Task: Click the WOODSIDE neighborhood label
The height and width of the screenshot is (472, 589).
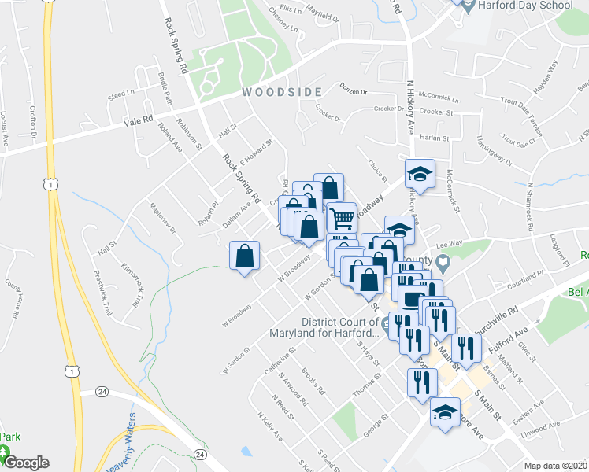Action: pos(282,92)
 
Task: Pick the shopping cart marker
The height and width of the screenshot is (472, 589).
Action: pos(342,218)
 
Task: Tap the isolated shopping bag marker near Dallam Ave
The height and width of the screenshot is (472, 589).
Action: pos(245,256)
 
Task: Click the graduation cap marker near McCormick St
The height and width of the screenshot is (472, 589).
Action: pos(420,174)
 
